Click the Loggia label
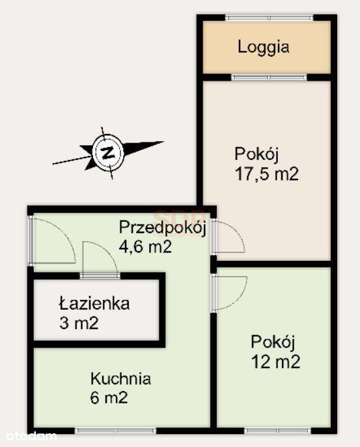point(263,47)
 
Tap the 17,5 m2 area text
point(266,174)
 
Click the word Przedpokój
point(162,228)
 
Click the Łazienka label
point(94,303)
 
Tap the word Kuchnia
point(121,378)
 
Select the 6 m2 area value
point(109,397)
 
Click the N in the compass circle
point(109,154)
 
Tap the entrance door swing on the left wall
point(53,241)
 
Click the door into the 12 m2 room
point(229,292)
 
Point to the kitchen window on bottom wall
point(116,430)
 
